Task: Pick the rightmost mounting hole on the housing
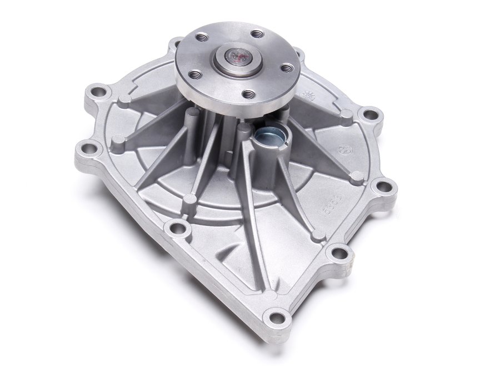[383, 186]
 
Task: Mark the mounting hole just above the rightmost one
[367, 115]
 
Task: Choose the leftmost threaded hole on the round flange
[194, 73]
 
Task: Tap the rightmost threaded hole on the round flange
[286, 67]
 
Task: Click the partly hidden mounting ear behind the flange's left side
[175, 43]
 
